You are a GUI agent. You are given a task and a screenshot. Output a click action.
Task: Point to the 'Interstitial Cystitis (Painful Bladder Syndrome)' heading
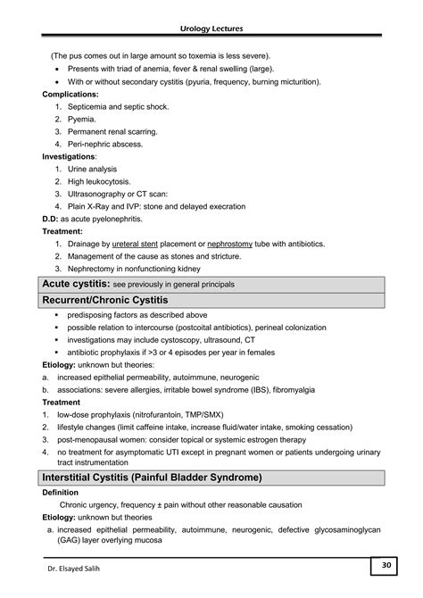pos(153,478)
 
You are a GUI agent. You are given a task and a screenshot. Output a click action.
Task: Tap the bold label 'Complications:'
pos(71,94)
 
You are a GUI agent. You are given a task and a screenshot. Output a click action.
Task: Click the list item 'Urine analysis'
pos(95,169)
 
